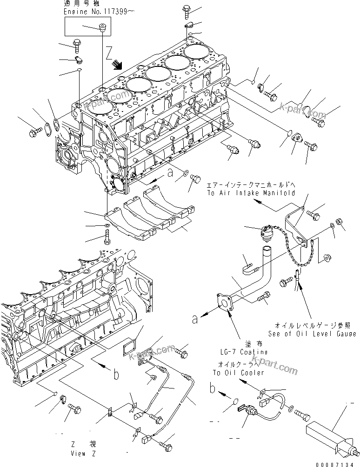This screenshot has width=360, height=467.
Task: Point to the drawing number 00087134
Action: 337,462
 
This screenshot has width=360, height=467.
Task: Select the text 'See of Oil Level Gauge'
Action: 312,334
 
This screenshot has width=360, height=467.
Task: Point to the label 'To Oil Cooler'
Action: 238,373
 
